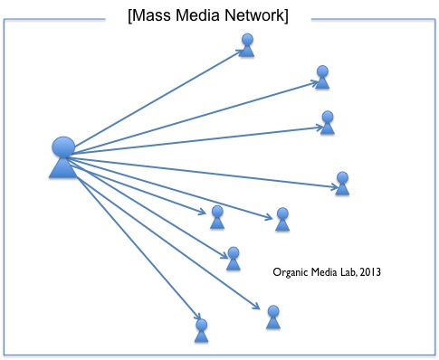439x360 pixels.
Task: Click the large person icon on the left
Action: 62,157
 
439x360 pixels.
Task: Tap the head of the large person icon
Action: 63,147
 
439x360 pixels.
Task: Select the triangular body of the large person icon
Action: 62,166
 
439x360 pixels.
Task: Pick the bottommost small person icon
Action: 202,329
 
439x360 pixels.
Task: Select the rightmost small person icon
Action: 342,183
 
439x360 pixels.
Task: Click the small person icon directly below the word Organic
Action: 272,317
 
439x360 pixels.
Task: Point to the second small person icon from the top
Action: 322,77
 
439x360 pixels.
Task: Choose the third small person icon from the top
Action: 328,123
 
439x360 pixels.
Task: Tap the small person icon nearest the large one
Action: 217,216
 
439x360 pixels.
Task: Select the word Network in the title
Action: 253,16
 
